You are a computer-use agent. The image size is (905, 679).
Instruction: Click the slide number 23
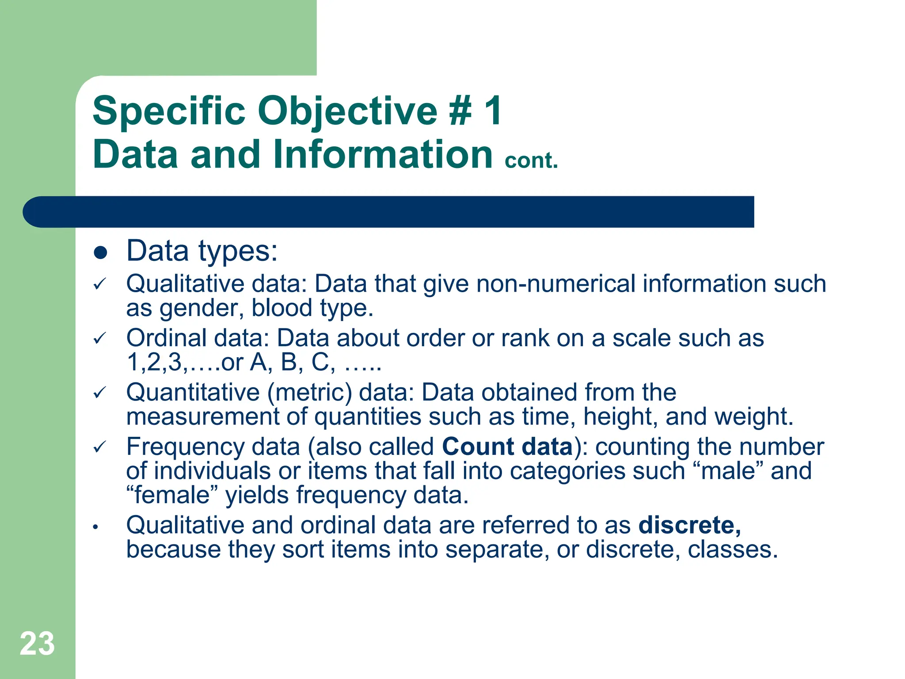pyautogui.click(x=37, y=644)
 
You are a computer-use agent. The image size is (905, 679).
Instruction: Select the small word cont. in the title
pyautogui.click(x=531, y=160)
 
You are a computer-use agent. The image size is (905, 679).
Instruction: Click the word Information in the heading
pyautogui.click(x=383, y=154)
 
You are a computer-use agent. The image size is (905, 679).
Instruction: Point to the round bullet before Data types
pyautogui.click(x=101, y=253)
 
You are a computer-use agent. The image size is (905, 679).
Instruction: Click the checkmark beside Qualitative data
pyautogui.click(x=100, y=284)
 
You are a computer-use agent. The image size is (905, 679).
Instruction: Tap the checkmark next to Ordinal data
pyautogui.click(x=100, y=339)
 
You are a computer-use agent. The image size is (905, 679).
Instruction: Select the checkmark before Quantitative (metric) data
pyautogui.click(x=100, y=393)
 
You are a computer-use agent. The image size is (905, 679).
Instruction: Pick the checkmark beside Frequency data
pyautogui.click(x=100, y=447)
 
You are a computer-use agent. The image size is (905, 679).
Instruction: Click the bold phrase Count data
pyautogui.click(x=507, y=446)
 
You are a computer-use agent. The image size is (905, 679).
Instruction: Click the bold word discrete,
pyautogui.click(x=690, y=525)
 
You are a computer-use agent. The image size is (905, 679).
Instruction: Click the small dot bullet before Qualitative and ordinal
pyautogui.click(x=95, y=527)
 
